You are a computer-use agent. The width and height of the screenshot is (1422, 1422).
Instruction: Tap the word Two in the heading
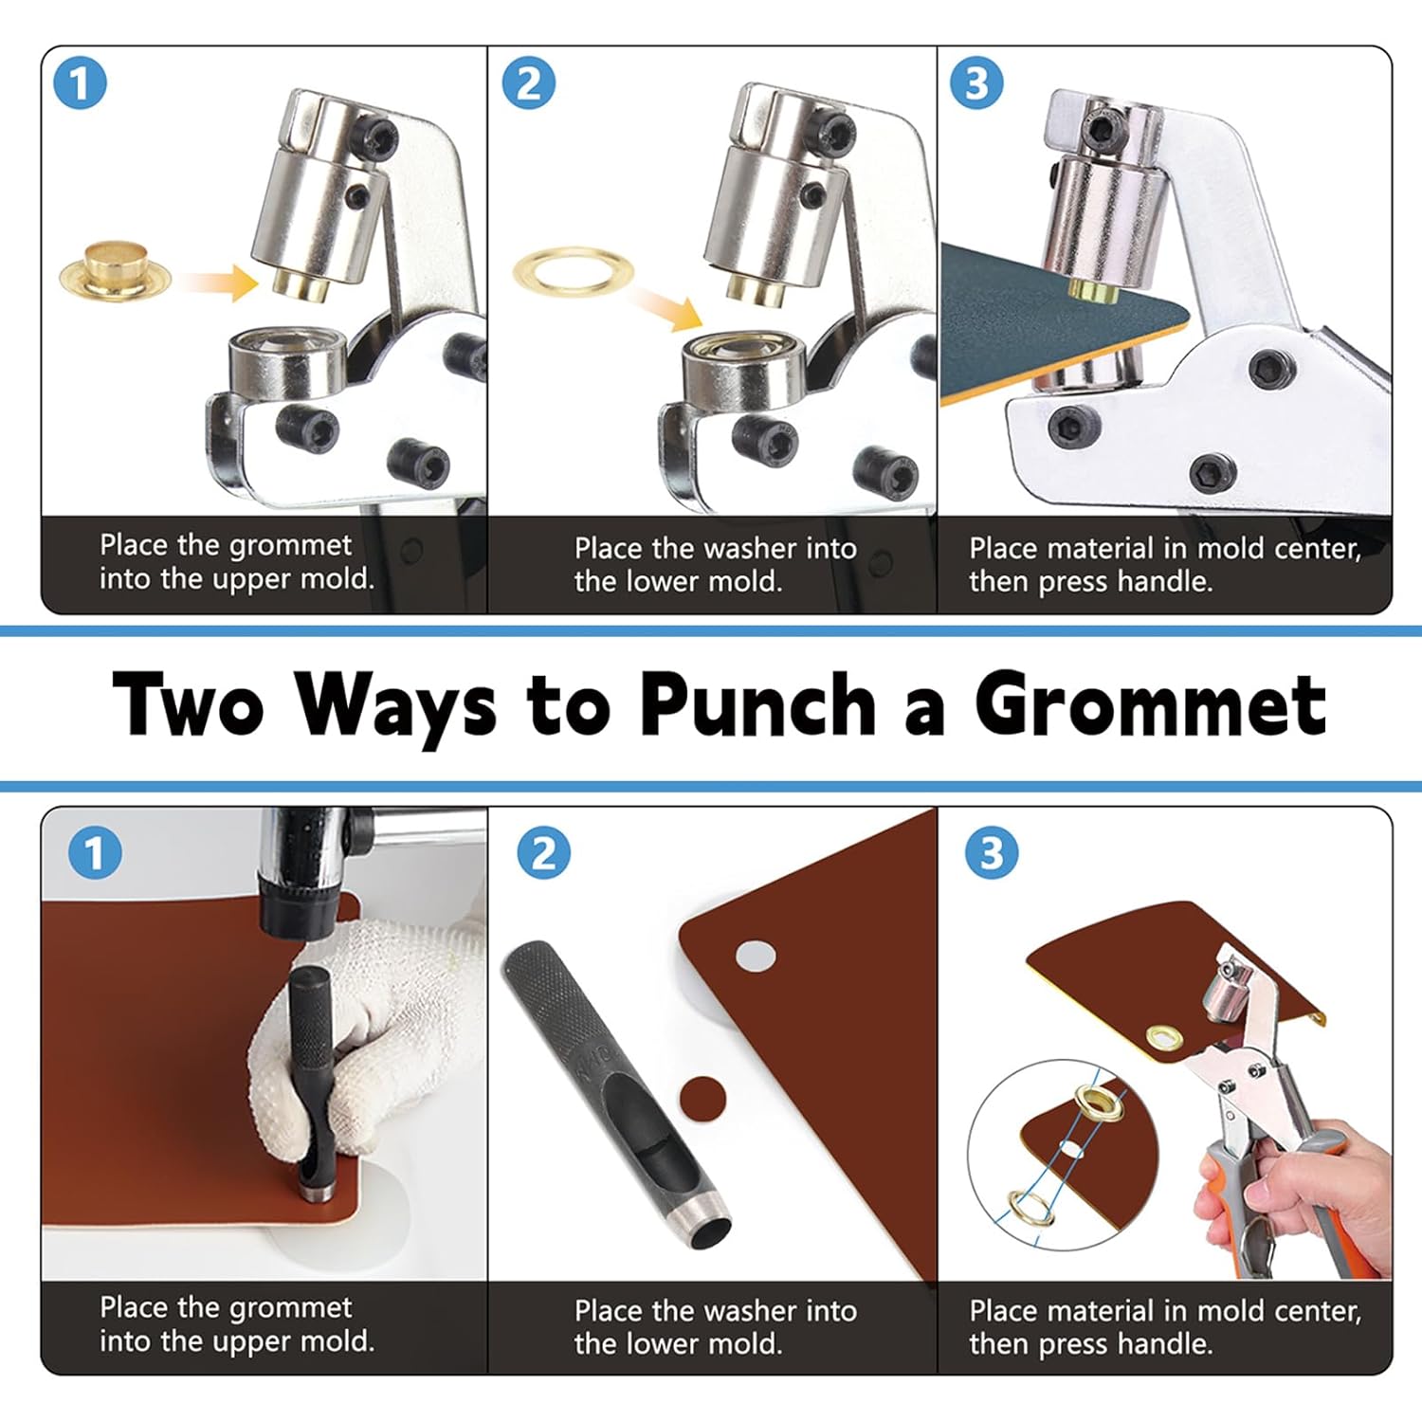(x=188, y=704)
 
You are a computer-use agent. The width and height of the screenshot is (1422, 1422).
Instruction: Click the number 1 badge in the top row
(x=80, y=83)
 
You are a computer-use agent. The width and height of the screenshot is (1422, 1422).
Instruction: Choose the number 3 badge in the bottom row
(x=991, y=853)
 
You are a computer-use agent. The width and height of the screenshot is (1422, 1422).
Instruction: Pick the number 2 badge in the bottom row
(x=543, y=853)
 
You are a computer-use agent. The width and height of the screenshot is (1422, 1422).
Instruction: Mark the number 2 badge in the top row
(x=528, y=83)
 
